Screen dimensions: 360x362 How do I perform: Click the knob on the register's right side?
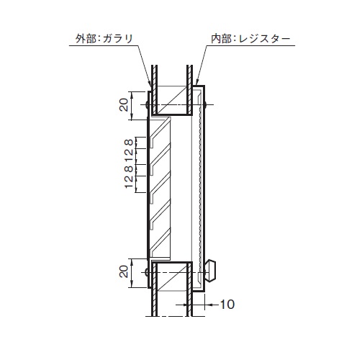[x=212, y=270]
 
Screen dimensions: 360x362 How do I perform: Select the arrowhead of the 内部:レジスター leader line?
[x=196, y=85]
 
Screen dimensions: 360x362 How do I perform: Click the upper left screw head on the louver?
[x=148, y=106]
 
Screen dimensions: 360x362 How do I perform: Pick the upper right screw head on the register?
[x=206, y=106]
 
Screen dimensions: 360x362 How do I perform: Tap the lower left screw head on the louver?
[x=148, y=271]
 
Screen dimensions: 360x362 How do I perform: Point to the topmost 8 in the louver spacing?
[x=127, y=143]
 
